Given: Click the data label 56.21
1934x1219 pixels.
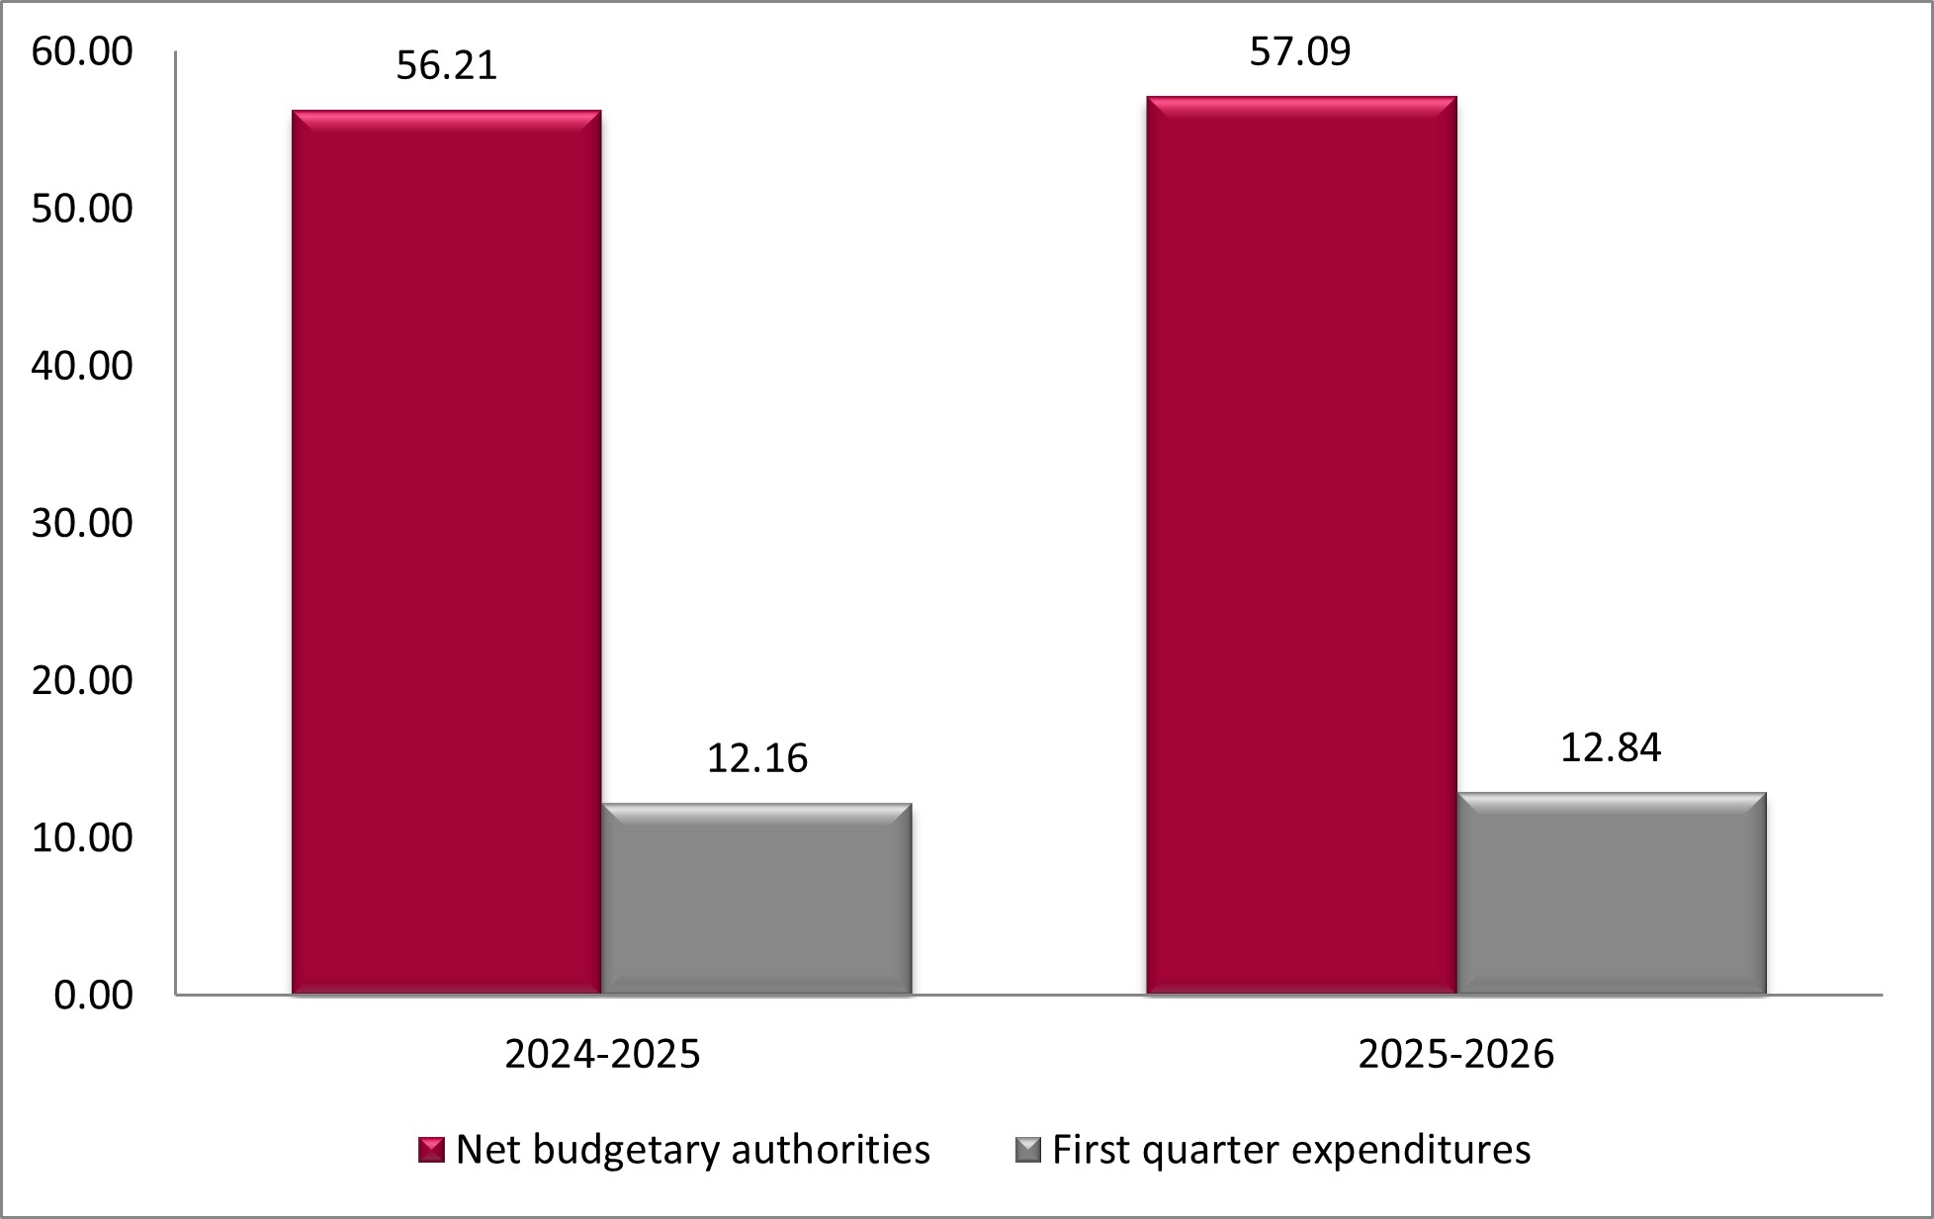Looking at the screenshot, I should tap(446, 65).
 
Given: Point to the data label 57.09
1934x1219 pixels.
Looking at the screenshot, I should tap(1299, 51).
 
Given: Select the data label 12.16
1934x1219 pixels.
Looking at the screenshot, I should tap(756, 758).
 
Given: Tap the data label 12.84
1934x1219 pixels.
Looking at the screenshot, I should tap(1611, 747).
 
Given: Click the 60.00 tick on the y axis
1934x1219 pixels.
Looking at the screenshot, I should tap(82, 51).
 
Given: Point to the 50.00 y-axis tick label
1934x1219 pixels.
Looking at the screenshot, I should tap(82, 209).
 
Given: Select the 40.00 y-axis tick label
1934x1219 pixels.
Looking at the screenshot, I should tap(82, 366).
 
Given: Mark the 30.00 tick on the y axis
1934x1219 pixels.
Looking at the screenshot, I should tap(82, 523).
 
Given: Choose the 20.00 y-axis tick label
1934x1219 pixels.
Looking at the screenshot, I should tap(82, 680).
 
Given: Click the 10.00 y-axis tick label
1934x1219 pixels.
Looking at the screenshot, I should tap(82, 837).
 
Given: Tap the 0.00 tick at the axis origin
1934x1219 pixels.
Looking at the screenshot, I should tap(93, 995).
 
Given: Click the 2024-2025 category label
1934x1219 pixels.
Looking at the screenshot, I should tap(602, 1054).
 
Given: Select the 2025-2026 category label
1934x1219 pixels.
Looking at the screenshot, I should tap(1455, 1054).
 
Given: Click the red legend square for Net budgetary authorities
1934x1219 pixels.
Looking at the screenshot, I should tap(431, 1150).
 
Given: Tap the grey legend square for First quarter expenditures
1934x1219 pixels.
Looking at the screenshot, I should tap(1028, 1150).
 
